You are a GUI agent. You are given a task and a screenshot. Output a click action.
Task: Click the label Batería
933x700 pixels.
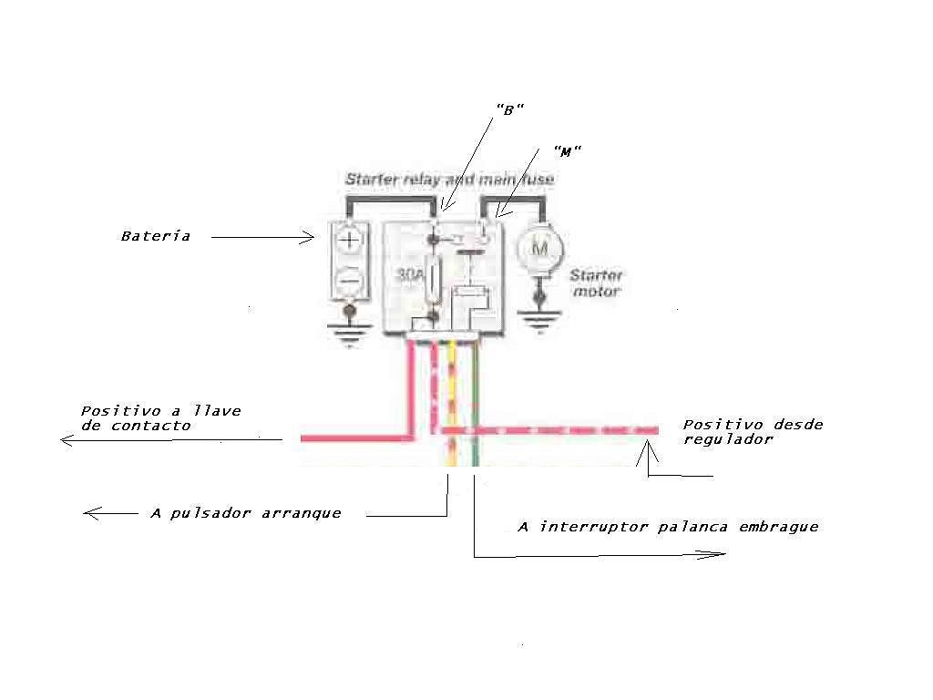pyautogui.click(x=155, y=236)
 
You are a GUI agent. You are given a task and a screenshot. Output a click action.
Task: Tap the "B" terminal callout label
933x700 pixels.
pyautogui.click(x=510, y=109)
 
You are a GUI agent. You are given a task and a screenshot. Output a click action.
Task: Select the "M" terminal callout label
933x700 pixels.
pyautogui.click(x=567, y=151)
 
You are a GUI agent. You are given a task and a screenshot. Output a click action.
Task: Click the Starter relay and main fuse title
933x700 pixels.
pyautogui.click(x=450, y=179)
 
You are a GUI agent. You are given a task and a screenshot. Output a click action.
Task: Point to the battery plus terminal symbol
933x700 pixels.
pyautogui.click(x=349, y=240)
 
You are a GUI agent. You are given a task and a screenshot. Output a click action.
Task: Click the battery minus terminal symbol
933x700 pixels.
pyautogui.click(x=350, y=279)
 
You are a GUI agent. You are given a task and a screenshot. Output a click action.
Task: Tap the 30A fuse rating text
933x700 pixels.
pyautogui.click(x=410, y=274)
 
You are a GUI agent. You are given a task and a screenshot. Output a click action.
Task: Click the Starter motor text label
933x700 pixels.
pyautogui.click(x=596, y=283)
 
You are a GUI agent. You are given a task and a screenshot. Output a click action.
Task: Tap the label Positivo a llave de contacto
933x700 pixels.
pyautogui.click(x=160, y=417)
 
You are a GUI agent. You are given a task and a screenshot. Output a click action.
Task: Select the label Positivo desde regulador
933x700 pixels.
pyautogui.click(x=753, y=431)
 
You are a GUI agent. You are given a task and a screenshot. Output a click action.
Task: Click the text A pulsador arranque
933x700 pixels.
pyautogui.click(x=246, y=513)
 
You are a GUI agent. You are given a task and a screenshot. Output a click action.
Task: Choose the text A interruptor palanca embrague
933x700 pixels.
pyautogui.click(x=668, y=527)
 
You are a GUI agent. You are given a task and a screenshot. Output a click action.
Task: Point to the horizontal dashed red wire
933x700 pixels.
pyautogui.click(x=549, y=430)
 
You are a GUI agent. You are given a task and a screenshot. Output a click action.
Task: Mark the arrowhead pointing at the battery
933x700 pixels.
pyautogui.click(x=307, y=238)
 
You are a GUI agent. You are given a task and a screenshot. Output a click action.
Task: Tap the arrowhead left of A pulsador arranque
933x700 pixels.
pyautogui.click(x=93, y=513)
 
